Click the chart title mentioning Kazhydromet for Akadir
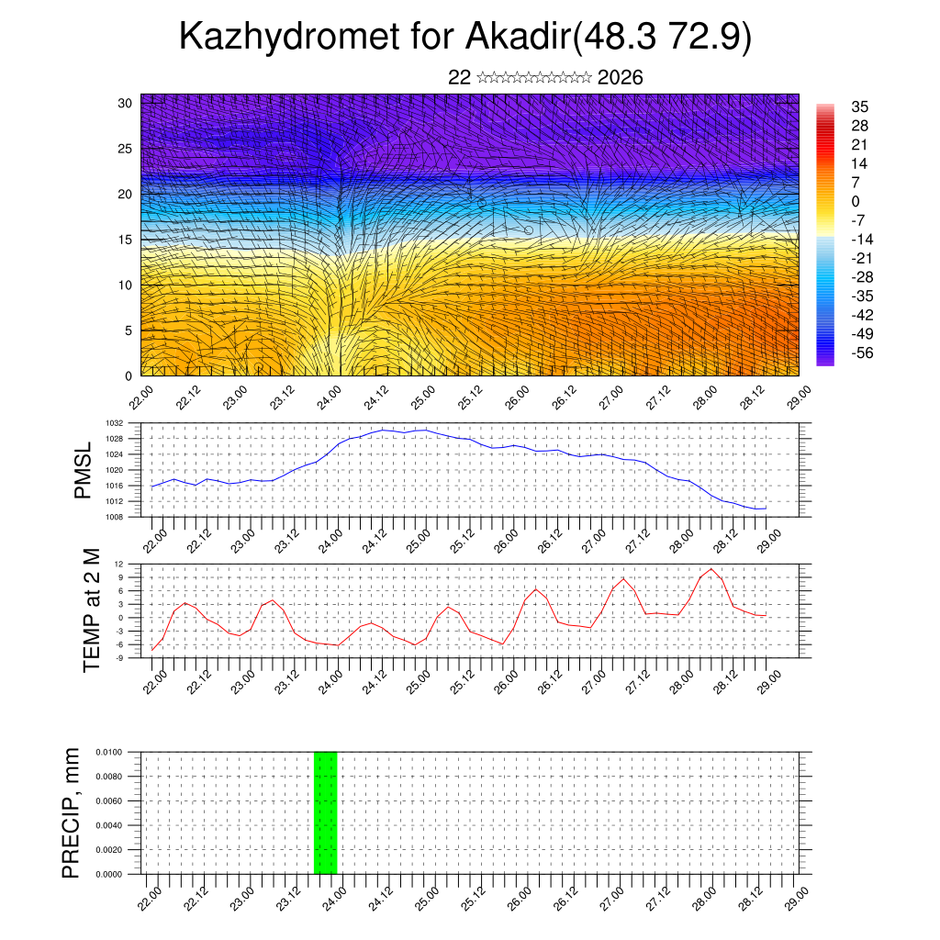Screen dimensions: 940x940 click(465, 37)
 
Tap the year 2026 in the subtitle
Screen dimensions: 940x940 click(620, 77)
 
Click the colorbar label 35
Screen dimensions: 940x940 click(860, 107)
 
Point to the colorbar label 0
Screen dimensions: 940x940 click(856, 202)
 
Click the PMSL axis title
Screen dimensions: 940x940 click(84, 470)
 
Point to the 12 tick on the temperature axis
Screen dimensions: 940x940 click(119, 564)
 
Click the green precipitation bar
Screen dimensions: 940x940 click(325, 812)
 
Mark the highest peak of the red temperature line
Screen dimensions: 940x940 click(711, 569)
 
